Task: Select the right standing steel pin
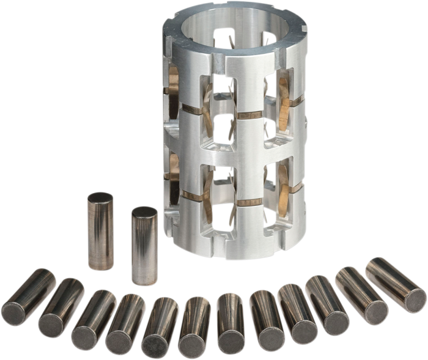145,246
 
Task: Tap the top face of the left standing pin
99,199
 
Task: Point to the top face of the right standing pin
144,213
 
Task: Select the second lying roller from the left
61,303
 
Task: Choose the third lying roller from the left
92,317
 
